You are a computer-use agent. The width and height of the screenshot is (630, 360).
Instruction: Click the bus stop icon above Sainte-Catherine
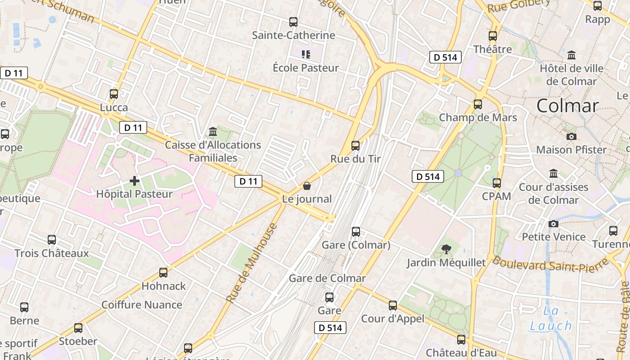pos(293,22)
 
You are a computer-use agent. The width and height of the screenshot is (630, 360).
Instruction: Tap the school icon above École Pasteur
pos(306,54)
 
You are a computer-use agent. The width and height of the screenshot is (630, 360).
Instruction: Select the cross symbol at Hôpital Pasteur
pos(135,181)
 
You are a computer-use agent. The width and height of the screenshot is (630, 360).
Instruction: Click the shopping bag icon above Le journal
pos(307,185)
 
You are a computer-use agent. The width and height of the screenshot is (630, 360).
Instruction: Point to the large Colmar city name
pos(567,106)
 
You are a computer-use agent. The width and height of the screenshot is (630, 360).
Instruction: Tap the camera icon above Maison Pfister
pos(571,136)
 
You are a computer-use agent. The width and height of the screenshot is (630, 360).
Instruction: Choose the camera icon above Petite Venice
pos(553,224)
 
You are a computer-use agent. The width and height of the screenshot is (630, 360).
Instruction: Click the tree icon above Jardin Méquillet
pos(446,249)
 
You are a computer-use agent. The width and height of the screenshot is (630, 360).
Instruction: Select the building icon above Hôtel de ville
pos(571,55)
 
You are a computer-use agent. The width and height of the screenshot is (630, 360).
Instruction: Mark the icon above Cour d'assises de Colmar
pos(553,173)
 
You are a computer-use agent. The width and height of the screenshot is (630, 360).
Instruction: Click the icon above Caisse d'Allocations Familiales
pos(213,131)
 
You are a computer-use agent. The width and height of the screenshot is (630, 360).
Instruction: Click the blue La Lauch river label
pos(551,318)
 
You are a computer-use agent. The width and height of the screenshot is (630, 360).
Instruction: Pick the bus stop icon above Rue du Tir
pos(355,145)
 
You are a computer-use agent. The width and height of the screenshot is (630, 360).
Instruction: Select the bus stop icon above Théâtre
pos(493,36)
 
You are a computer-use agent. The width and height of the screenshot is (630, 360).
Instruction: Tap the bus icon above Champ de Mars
pos(478,104)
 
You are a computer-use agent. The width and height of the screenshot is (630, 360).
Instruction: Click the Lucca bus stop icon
pos(114,94)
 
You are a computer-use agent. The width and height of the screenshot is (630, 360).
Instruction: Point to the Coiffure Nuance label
pos(142,305)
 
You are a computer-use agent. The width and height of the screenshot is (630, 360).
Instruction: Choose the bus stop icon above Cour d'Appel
pos(393,306)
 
